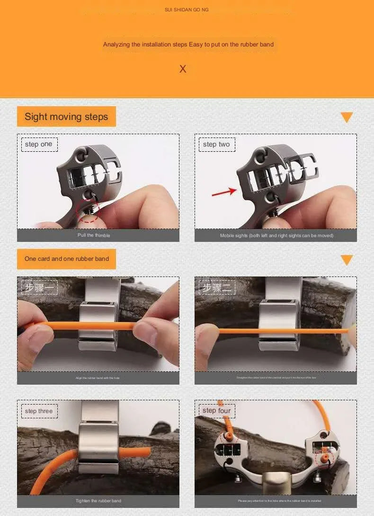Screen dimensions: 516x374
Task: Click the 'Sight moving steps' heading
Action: [66, 117]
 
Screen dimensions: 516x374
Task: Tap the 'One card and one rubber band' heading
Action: [66, 259]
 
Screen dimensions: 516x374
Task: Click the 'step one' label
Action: [39, 144]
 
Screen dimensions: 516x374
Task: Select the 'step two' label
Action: [216, 144]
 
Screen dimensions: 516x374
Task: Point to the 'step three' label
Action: [39, 411]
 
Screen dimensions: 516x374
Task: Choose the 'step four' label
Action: [216, 411]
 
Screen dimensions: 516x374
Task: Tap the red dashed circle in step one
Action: [89, 210]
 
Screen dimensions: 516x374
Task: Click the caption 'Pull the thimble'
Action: [94, 236]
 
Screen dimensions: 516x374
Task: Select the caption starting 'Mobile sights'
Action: [276, 236]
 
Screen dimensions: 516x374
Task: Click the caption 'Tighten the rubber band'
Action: [98, 501]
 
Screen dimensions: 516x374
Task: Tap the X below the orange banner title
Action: [183, 69]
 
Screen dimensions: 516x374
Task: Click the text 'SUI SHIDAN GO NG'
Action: [187, 10]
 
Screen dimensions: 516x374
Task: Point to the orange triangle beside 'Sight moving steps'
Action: [347, 117]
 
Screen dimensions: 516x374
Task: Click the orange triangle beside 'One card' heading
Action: [347, 259]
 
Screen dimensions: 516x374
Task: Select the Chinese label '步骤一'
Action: [39, 287]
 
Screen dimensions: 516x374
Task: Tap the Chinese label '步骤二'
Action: [216, 287]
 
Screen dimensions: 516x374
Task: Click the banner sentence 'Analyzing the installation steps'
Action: [188, 45]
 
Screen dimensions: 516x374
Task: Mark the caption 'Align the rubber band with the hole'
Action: [98, 378]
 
